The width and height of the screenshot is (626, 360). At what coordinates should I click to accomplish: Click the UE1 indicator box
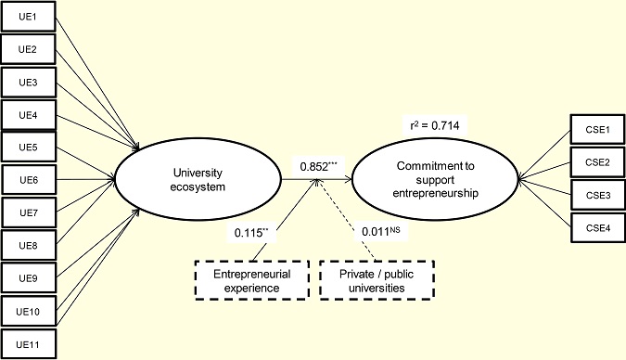tap(29, 18)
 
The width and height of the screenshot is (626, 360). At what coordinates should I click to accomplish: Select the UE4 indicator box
tap(29, 115)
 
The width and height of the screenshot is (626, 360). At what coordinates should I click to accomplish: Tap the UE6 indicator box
tap(29, 180)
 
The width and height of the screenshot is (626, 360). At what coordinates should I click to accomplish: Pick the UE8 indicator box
tap(29, 246)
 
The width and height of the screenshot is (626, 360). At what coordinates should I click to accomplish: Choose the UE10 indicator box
tap(29, 311)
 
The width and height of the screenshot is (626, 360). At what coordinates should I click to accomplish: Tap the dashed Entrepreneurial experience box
tap(250, 281)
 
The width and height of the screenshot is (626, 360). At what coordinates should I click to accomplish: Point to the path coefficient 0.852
tap(316, 166)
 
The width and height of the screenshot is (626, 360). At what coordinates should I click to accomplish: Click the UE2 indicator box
tap(29, 50)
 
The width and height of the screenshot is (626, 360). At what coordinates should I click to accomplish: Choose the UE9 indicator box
tap(29, 278)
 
